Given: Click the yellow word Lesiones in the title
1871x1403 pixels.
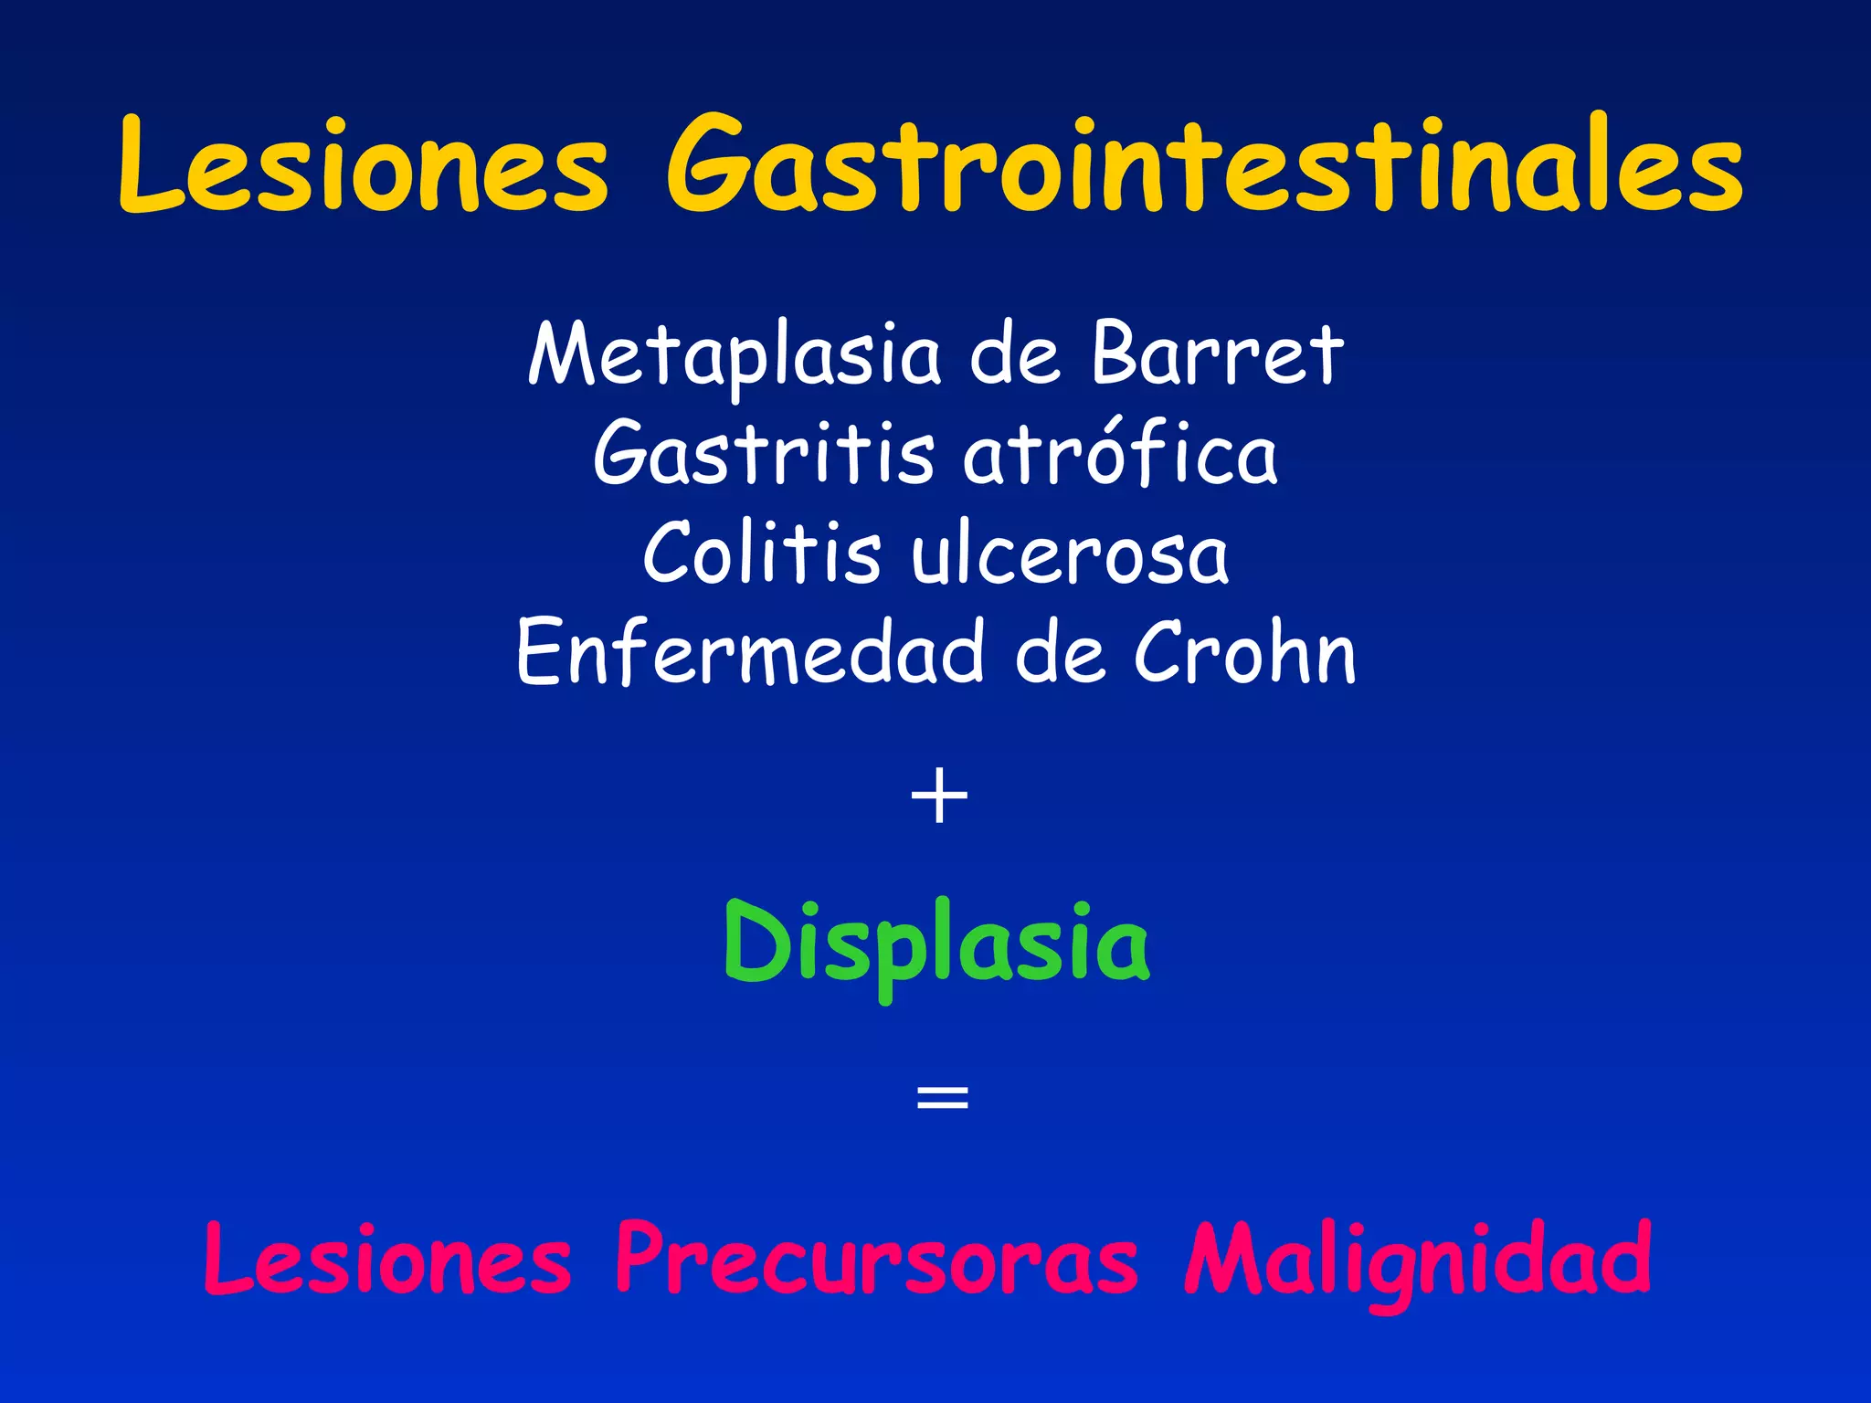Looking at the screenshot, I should tap(363, 167).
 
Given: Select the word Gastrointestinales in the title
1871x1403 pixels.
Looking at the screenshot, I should tap(1204, 167).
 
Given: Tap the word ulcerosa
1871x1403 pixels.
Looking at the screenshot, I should tap(1070, 555).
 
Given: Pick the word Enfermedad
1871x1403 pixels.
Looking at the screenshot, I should tap(750, 652).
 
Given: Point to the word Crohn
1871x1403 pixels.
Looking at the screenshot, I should tap(1245, 652).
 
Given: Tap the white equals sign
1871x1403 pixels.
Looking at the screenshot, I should tap(942, 1097).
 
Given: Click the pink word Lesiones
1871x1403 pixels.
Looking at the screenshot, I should tap(387, 1261).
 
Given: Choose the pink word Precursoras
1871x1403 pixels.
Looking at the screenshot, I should tap(876, 1261).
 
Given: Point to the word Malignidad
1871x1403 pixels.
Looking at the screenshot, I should tap(1418, 1261).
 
